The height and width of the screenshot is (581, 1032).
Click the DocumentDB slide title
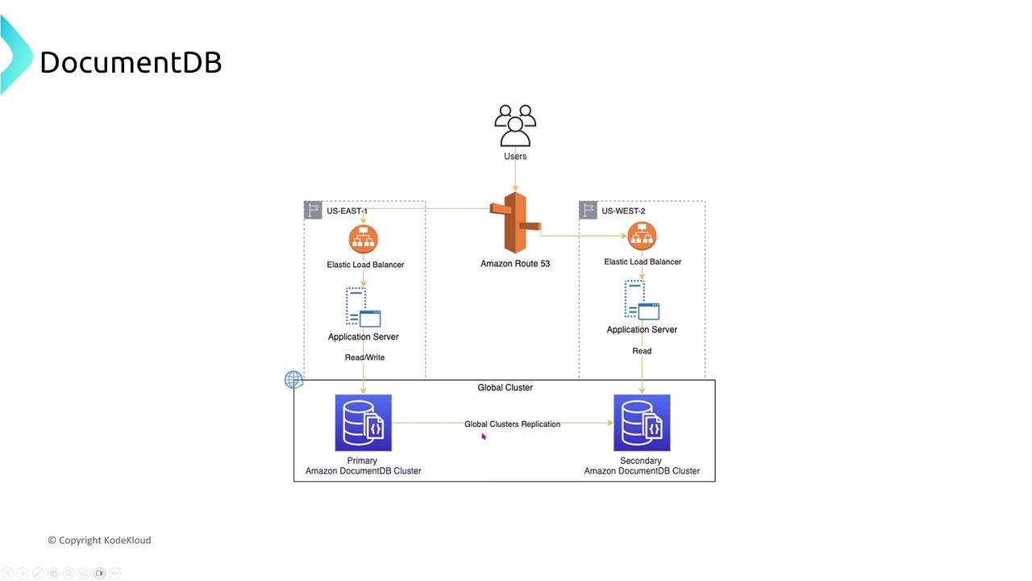click(x=131, y=62)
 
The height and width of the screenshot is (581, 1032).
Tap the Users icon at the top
click(x=515, y=125)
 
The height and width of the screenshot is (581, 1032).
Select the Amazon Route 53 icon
click(x=515, y=223)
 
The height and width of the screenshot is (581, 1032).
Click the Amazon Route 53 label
click(x=515, y=264)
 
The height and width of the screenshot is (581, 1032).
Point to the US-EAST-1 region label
click(x=347, y=211)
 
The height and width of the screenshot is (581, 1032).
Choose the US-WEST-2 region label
click(x=623, y=211)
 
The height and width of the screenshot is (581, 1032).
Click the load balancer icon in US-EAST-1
click(x=364, y=239)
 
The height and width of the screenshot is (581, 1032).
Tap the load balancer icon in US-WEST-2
click(x=642, y=236)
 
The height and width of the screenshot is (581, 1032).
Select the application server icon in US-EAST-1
click(x=364, y=307)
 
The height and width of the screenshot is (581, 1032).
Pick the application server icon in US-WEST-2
click(x=642, y=300)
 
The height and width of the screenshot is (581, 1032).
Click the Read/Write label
click(x=364, y=357)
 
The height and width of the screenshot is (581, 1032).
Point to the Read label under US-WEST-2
click(x=642, y=351)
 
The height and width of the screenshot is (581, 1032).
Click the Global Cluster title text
click(x=505, y=388)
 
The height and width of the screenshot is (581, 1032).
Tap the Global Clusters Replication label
click(x=512, y=424)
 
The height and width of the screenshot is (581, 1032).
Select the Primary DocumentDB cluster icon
click(x=364, y=423)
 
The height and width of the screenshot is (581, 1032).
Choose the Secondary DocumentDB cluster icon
click(x=642, y=423)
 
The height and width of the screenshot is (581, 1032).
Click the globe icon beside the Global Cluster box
click(x=293, y=379)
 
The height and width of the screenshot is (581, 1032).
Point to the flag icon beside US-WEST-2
click(x=589, y=211)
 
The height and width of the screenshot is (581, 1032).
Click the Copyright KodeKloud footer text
click(x=99, y=541)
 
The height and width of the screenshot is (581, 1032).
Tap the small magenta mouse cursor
click(x=484, y=437)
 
